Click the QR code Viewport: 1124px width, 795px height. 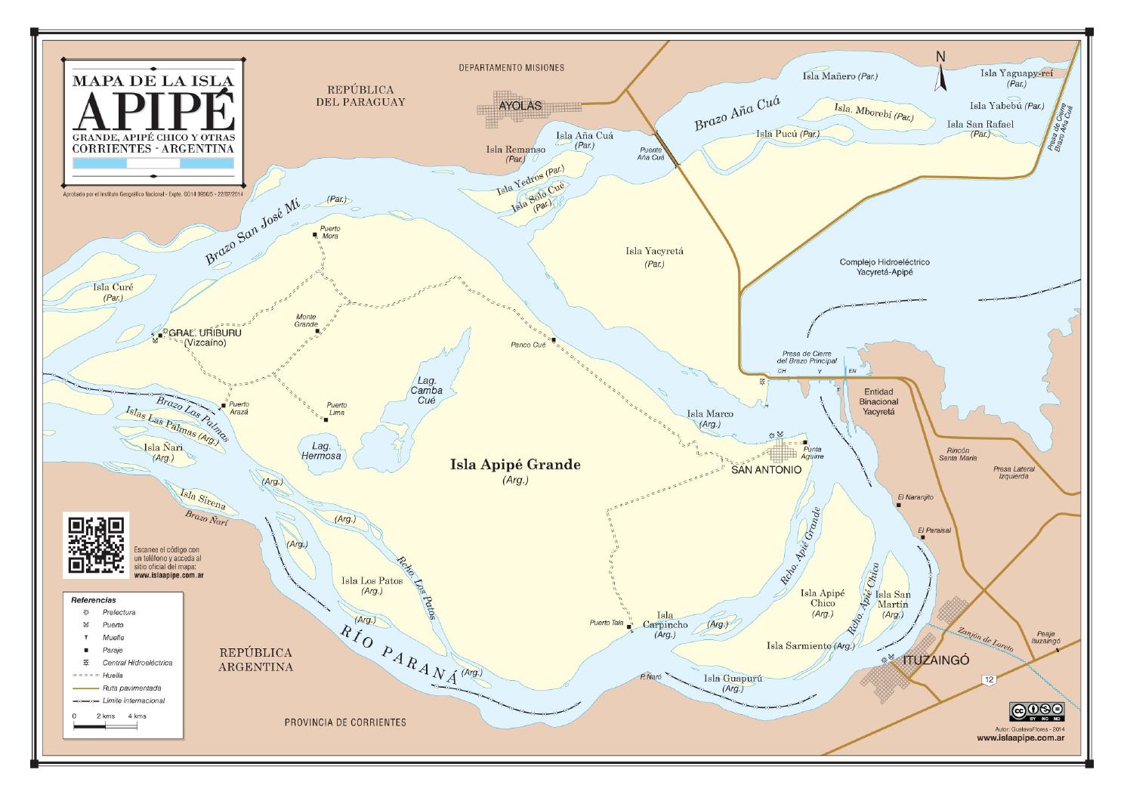coord(96,544)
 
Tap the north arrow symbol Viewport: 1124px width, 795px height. coord(940,74)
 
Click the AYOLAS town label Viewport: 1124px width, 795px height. coord(520,106)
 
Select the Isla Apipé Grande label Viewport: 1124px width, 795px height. coord(515,465)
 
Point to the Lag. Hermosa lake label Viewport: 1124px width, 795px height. coord(321,451)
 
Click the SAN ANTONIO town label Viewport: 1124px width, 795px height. coord(766,469)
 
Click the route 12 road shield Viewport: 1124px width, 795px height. coord(990,679)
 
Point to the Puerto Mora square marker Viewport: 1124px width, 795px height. coord(315,235)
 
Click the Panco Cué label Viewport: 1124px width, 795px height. coord(528,345)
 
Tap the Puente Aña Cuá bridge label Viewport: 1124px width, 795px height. coord(650,154)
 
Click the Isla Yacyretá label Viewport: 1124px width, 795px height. coord(654,251)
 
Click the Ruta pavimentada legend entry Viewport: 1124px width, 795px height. coord(131,688)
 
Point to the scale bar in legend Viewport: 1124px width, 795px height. coord(105,726)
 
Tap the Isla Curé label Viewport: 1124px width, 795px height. coord(113,287)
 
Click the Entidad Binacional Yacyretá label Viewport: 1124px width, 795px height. coord(879,402)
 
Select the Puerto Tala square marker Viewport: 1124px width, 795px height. coord(629,626)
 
